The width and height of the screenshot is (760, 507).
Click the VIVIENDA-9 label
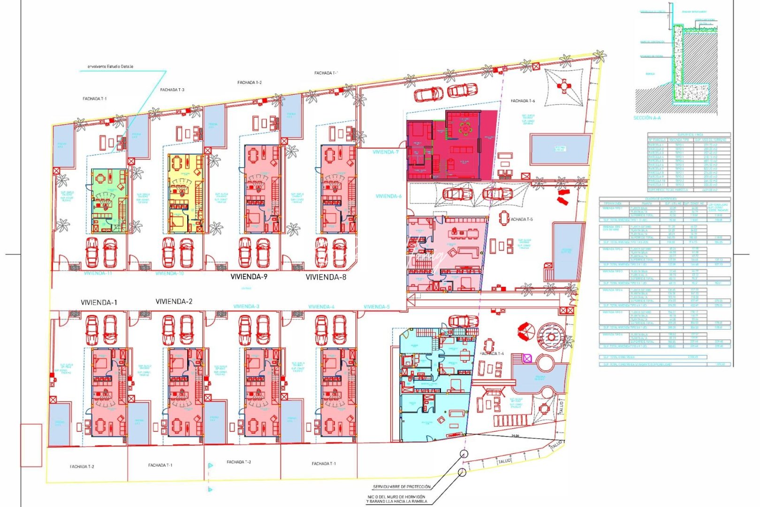pos(249,277)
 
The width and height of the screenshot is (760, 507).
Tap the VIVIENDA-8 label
pos(326,277)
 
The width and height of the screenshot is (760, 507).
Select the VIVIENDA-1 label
pos(99,302)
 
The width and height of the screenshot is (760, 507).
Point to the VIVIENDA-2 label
pos(174,301)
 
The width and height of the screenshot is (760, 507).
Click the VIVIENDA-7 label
pos(386,152)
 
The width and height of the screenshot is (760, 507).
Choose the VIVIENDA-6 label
pos(388,196)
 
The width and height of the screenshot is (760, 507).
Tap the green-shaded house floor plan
pos(109,201)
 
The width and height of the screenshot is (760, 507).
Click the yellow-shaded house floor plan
pos(185,193)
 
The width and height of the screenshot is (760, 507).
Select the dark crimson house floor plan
pos(452,146)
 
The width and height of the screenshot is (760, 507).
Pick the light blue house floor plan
pos(434,385)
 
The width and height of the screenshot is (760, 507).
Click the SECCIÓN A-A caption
pos(647,118)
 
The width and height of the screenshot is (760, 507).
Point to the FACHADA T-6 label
pos(523,101)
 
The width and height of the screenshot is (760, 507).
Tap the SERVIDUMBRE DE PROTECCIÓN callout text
pos(401,487)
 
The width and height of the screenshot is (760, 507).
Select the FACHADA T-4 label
pos(492,353)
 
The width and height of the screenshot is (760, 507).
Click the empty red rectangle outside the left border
pos(31,445)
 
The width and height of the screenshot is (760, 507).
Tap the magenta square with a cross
pos(526,359)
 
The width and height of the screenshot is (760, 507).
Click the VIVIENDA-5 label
pos(376,307)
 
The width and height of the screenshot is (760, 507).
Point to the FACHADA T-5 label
pos(522,219)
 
